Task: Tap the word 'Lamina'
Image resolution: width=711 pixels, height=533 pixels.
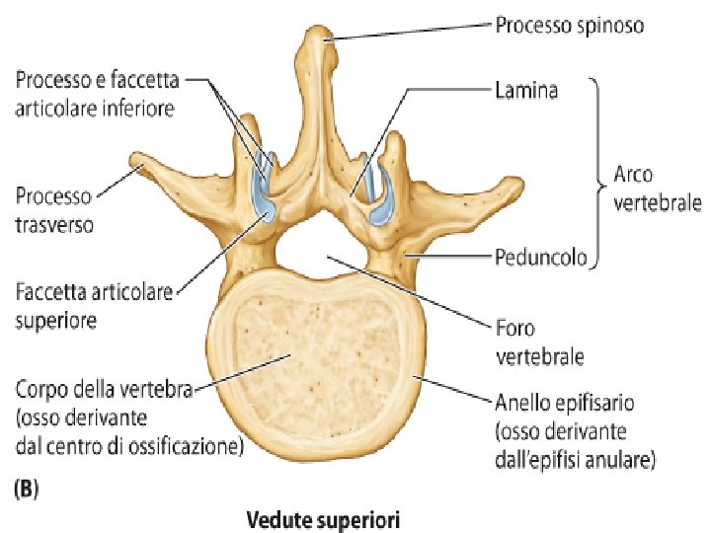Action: click(x=525, y=90)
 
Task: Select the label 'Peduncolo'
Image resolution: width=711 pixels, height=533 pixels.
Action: click(x=540, y=259)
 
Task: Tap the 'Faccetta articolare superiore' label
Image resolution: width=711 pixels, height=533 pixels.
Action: click(x=95, y=305)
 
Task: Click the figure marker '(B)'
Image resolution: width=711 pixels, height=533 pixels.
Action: click(x=24, y=488)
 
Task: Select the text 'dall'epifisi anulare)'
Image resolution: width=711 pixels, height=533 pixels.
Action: click(x=573, y=459)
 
